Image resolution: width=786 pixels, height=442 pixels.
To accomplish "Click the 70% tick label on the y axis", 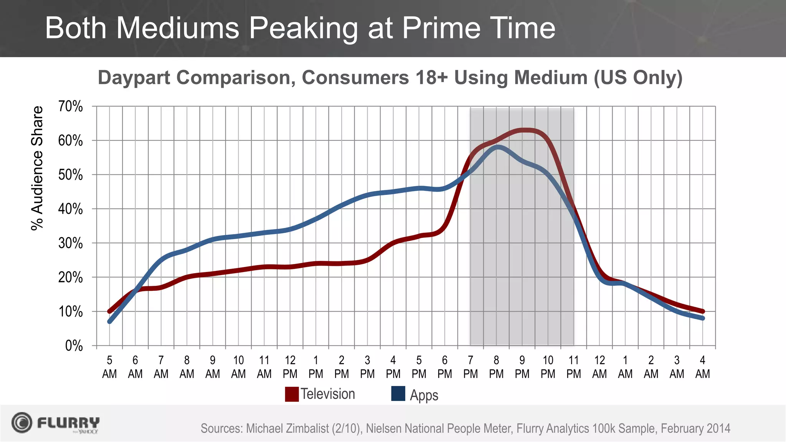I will pyautogui.click(x=70, y=107).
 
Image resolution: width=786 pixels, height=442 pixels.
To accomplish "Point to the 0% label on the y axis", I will pyautogui.click(x=74, y=346).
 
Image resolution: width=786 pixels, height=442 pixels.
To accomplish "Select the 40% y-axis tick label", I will pyautogui.click(x=70, y=209).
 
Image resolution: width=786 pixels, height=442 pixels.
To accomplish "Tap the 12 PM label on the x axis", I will pyautogui.click(x=290, y=367).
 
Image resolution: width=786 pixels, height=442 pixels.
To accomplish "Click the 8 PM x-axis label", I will pyautogui.click(x=496, y=367).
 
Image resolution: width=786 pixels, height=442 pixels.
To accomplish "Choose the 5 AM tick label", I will pyautogui.click(x=109, y=367).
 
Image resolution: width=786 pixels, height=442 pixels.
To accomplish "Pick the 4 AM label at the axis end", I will pyautogui.click(x=702, y=367).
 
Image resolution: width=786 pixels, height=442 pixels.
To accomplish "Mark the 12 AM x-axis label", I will pyautogui.click(x=599, y=367).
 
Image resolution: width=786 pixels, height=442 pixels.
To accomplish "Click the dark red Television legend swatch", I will pyautogui.click(x=292, y=394).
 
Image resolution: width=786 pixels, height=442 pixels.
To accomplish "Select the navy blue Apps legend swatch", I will pyautogui.click(x=398, y=394).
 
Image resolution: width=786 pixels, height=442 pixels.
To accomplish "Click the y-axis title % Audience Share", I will pyautogui.click(x=37, y=168).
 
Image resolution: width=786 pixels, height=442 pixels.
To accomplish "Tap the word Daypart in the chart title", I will pyautogui.click(x=134, y=78).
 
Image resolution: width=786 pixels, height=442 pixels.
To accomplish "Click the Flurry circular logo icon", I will pyautogui.click(x=21, y=423).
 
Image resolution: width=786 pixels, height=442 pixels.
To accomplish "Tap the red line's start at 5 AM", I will pyautogui.click(x=110, y=311).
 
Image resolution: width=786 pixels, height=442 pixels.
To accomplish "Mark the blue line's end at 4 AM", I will pyautogui.click(x=702, y=318).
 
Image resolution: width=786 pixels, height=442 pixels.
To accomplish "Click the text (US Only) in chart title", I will pyautogui.click(x=638, y=78).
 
